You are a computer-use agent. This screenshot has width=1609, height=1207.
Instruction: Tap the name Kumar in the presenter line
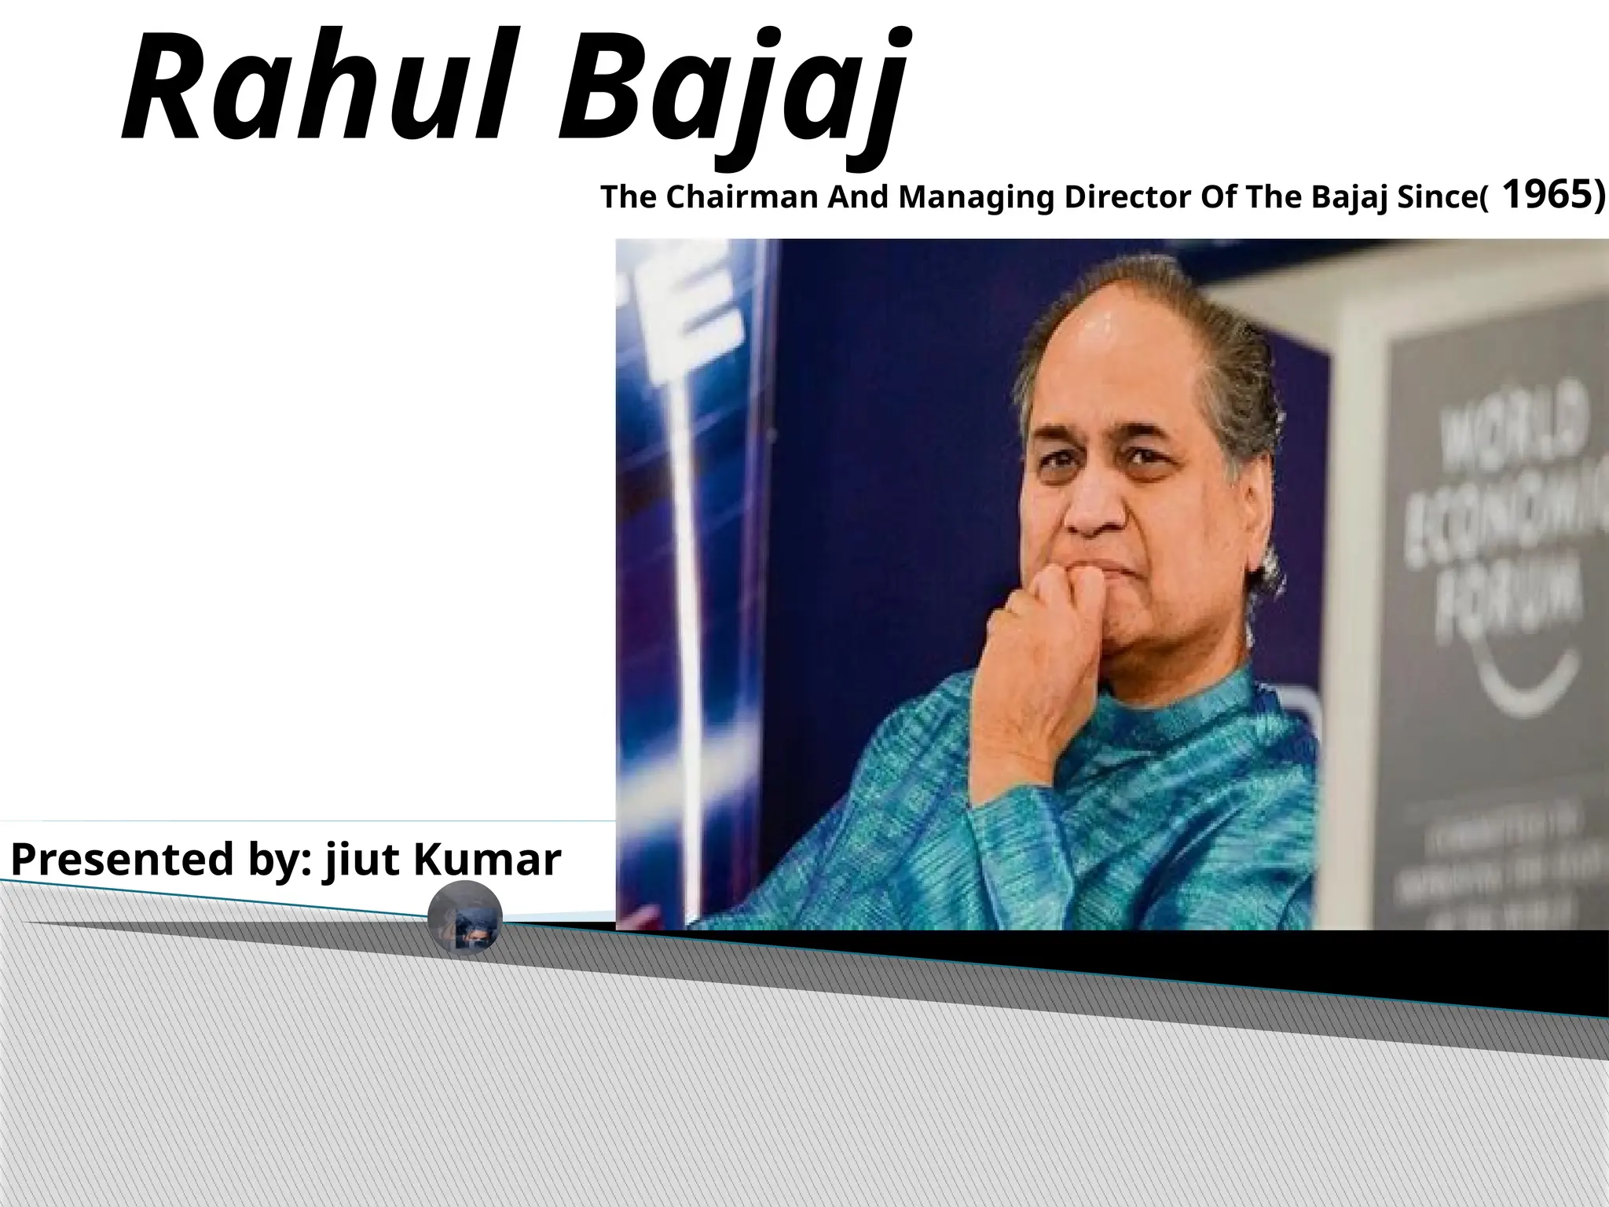pos(486,859)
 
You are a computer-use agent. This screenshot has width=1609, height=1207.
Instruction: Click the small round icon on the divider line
pos(465,916)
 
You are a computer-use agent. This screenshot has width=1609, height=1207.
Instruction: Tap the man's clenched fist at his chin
pos(1045,629)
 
